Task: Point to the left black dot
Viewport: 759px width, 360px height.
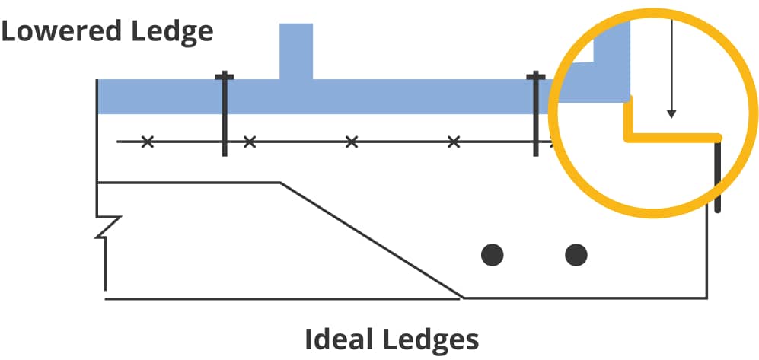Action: pos(493,254)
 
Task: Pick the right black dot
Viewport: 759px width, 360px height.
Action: pos(576,254)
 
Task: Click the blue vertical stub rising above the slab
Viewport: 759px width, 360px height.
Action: pos(296,50)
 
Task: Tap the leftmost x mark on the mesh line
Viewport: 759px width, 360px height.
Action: pos(148,142)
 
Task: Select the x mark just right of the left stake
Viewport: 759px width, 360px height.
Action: pos(249,142)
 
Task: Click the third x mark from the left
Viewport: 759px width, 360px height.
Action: pos(351,142)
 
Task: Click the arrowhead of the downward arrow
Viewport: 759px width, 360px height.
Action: pos(671,114)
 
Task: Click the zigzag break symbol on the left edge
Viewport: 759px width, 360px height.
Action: pos(107,226)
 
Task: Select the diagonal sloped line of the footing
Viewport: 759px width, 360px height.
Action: pos(373,240)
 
